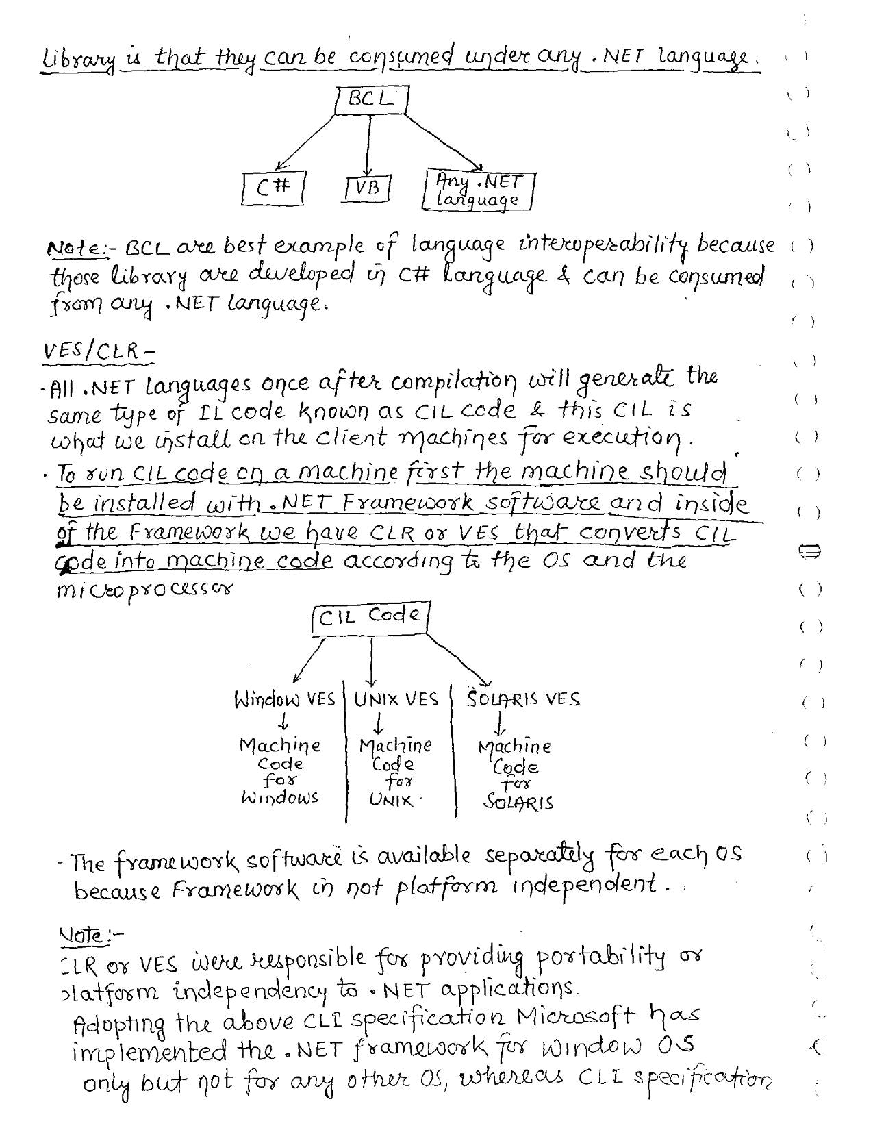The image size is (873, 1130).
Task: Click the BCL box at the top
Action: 372,99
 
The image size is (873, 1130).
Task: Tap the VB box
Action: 368,188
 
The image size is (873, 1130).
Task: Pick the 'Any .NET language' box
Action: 478,190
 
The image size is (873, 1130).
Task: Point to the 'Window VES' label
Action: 284,700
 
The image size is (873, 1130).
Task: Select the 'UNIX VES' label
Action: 396,699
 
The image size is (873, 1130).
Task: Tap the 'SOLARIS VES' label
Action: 523,699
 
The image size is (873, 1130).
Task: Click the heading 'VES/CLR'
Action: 97,351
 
